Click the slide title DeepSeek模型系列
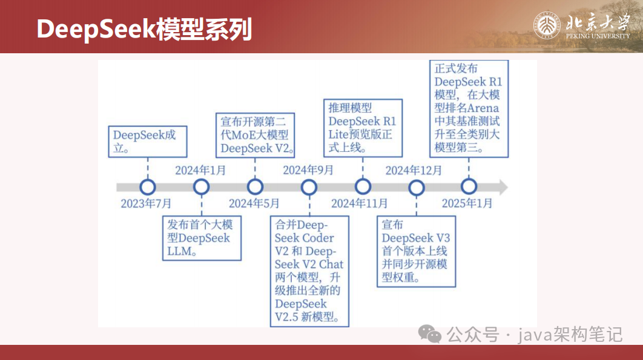[144, 28]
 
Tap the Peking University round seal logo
[547, 26]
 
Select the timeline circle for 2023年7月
[147, 187]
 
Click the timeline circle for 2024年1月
[201, 187]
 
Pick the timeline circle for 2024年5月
[255, 187]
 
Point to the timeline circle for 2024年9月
[309, 187]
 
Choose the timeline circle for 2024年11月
[363, 187]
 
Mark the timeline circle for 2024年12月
[417, 187]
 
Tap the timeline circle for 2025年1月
[469, 187]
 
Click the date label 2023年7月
[146, 203]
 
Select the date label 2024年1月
[200, 171]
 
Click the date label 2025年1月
[467, 203]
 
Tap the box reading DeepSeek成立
[147, 142]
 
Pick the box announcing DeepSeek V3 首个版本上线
[417, 252]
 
